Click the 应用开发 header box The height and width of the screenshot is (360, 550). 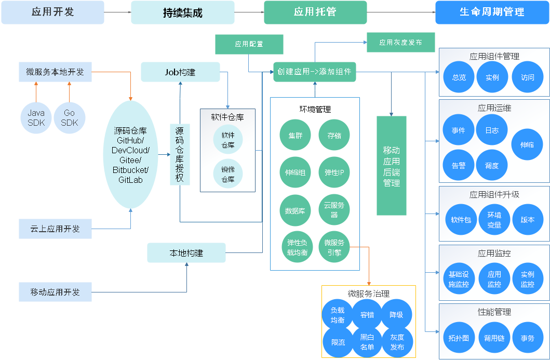52,12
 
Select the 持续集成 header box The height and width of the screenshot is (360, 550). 182,12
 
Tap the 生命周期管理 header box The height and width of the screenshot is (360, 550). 492,12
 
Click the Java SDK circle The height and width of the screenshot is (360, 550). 36,118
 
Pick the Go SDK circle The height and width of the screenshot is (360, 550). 69,118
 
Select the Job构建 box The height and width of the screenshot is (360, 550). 180,72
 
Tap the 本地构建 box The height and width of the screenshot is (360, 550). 186,253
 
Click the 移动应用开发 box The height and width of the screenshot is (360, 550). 55,292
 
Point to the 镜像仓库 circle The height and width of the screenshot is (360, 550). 228,174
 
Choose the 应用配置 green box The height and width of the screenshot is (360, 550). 249,44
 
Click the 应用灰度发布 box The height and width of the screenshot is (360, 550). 400,42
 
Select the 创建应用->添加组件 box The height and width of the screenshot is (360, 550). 314,72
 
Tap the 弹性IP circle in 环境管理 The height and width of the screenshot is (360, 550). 334,172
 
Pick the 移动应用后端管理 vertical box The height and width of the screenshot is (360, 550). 391,166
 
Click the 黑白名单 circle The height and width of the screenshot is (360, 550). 367,342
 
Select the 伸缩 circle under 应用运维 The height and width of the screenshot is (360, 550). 527,145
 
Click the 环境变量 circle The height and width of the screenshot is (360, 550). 494,219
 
